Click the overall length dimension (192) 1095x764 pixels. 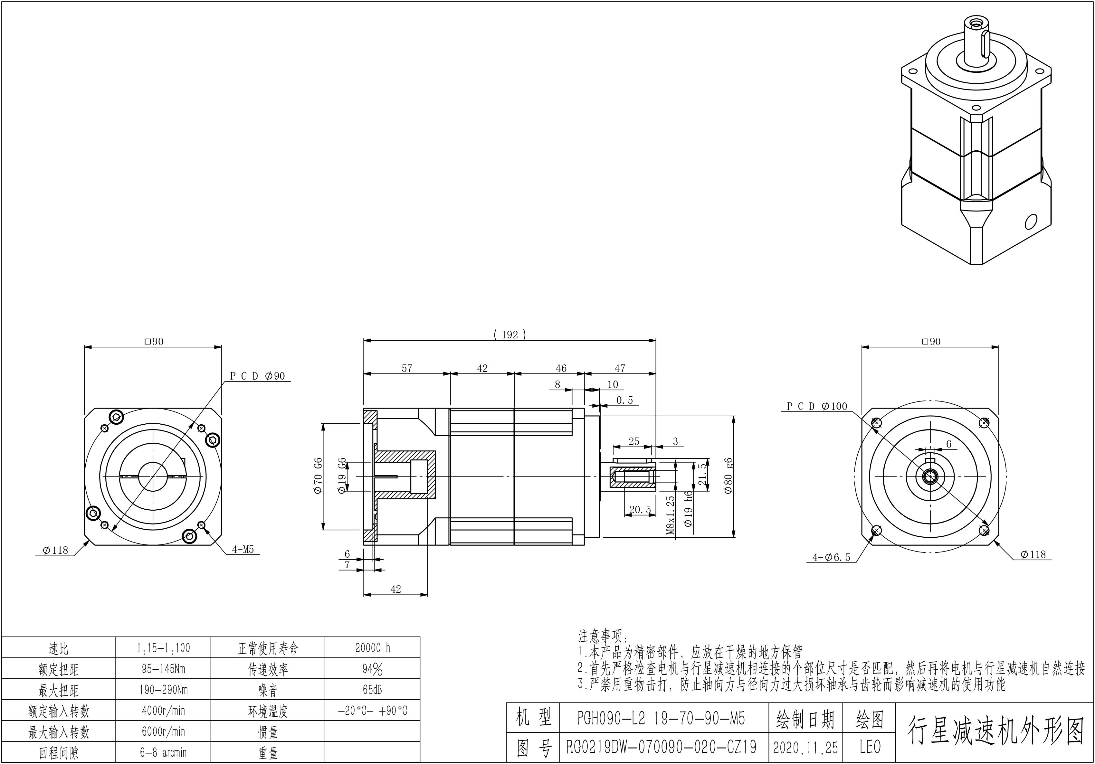509,335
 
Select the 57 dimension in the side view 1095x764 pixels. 407,368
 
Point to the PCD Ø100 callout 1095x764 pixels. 816,406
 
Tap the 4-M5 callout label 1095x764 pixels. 243,549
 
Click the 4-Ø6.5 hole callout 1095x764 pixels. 831,557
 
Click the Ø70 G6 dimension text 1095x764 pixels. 319,476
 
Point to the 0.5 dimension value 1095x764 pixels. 624,401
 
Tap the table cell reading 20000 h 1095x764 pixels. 373,648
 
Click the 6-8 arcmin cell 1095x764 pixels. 163,752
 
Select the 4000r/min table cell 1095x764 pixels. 163,711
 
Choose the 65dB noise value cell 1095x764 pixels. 373,690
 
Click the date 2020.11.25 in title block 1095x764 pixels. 805,747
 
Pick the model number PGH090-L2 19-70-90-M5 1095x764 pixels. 661,718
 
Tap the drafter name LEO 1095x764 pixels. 870,747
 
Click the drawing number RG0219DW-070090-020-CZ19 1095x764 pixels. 661,747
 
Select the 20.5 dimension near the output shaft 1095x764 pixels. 640,510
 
